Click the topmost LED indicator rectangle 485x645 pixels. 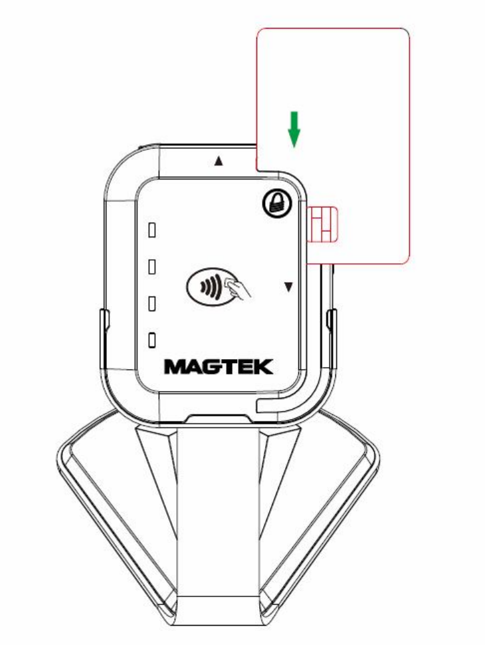151,231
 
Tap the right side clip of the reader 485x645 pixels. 331,326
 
